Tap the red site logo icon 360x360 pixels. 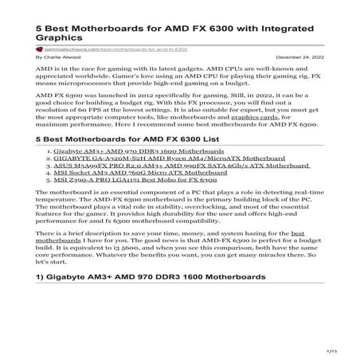pyautogui.click(x=41, y=49)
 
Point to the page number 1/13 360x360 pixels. pyautogui.click(x=332, y=350)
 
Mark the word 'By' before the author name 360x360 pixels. pyautogui.click(x=41, y=58)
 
